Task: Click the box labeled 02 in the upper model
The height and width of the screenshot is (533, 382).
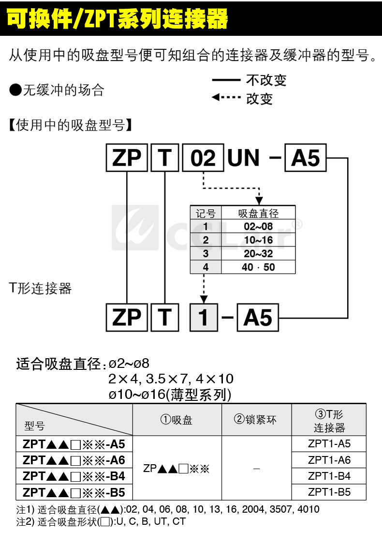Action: (x=203, y=158)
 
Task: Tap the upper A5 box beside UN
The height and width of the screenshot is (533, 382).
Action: (x=306, y=158)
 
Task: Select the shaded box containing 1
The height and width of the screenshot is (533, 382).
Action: (x=204, y=318)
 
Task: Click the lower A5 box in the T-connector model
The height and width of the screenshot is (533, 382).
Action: (x=258, y=318)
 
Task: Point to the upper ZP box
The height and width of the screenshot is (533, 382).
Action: (x=127, y=158)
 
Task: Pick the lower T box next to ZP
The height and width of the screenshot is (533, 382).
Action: (x=165, y=318)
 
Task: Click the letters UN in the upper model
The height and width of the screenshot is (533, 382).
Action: (x=243, y=158)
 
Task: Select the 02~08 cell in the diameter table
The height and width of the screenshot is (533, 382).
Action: (x=258, y=227)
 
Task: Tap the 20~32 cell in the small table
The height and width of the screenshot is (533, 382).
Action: (x=258, y=254)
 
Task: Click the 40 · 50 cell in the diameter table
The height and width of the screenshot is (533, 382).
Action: (x=258, y=267)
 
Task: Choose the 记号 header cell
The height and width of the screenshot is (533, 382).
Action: (x=206, y=213)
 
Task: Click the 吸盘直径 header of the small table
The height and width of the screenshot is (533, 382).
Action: (x=258, y=213)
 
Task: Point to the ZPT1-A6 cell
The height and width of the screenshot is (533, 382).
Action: (x=329, y=460)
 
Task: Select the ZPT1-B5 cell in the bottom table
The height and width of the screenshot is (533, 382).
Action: (x=329, y=492)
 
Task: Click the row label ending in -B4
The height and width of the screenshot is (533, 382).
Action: (x=74, y=476)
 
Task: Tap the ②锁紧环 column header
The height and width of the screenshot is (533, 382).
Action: (x=256, y=420)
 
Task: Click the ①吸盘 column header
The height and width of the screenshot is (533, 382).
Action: (x=177, y=420)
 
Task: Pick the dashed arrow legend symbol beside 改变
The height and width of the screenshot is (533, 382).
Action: (x=226, y=98)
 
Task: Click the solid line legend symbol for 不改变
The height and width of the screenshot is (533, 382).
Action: (x=226, y=80)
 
